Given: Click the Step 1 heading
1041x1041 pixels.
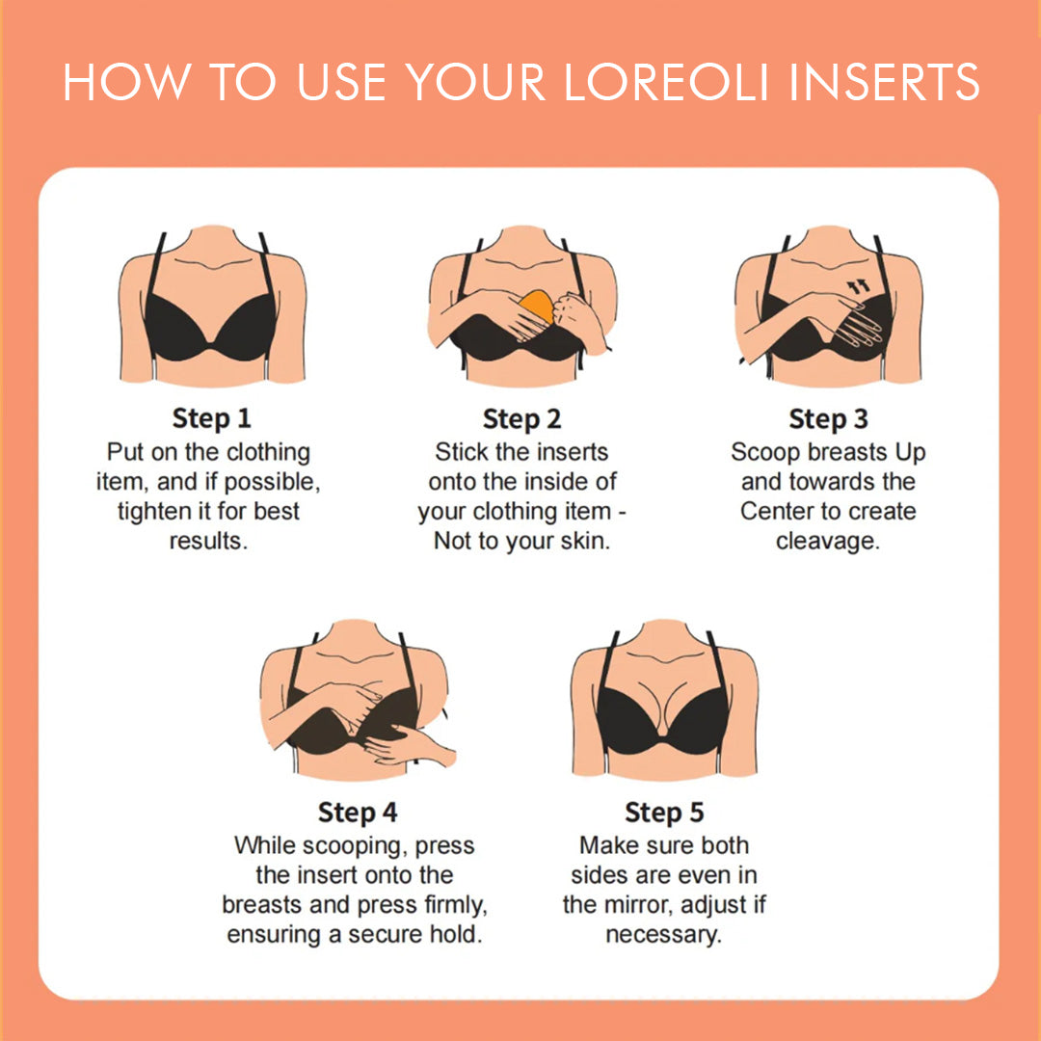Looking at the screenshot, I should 211,419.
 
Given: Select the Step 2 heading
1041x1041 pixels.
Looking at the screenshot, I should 521,419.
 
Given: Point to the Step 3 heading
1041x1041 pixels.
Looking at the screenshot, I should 828,419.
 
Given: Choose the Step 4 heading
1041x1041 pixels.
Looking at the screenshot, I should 358,813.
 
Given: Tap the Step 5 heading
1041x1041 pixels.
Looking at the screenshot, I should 664,813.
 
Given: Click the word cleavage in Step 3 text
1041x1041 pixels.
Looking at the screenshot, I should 828,541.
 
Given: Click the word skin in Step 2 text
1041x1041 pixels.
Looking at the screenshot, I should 586,541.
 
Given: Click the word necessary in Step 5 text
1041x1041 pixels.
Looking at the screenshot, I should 663,935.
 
